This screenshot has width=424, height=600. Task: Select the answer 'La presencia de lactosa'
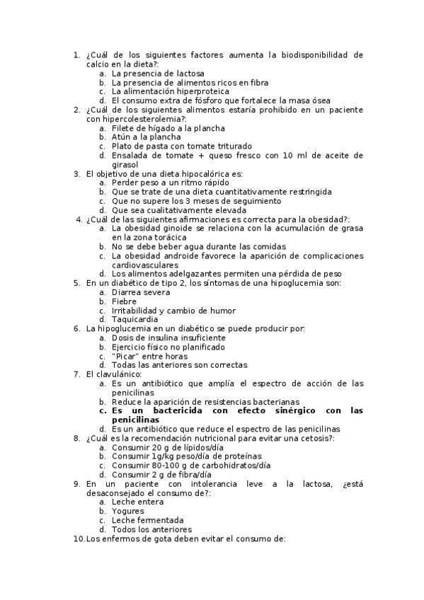pyautogui.click(x=158, y=74)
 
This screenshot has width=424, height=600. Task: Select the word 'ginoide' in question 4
pyautogui.click(x=182, y=229)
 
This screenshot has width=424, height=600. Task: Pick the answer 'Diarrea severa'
pyautogui.click(x=141, y=292)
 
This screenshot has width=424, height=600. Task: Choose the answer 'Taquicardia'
pyautogui.click(x=135, y=320)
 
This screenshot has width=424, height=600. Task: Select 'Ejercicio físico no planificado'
pyautogui.click(x=168, y=347)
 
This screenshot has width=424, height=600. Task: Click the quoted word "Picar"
pyautogui.click(x=127, y=357)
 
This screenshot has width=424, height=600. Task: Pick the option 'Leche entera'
pyautogui.click(x=138, y=502)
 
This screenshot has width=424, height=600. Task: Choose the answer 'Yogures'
pyautogui.click(x=128, y=512)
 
